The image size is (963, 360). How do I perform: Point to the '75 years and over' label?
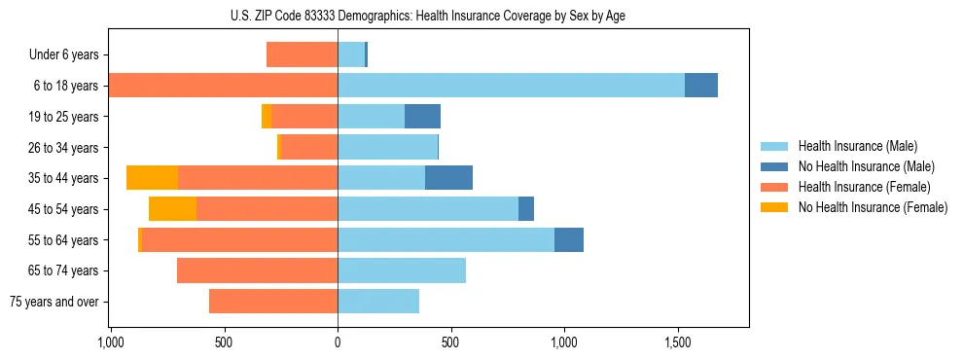click(x=54, y=302)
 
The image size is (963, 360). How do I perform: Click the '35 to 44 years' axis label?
click(x=64, y=178)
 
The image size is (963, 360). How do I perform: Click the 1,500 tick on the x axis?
click(x=677, y=342)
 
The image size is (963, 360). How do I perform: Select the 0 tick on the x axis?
click(x=338, y=342)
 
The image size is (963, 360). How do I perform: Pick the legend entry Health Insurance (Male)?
click(x=857, y=146)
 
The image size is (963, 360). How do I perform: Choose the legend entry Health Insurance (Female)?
click(x=864, y=187)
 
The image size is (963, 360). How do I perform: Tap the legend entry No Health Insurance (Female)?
click(x=873, y=207)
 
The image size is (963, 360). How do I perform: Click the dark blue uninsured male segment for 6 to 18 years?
click(x=700, y=86)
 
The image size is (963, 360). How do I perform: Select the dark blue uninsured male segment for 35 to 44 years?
click(x=448, y=178)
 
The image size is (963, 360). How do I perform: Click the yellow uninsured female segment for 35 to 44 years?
click(x=152, y=178)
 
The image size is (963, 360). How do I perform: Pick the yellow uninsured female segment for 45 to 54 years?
click(x=172, y=209)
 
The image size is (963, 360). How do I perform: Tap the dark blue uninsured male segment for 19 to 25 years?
click(x=422, y=117)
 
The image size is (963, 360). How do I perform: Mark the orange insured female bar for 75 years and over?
click(x=273, y=302)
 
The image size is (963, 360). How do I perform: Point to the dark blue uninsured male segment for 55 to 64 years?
click(x=568, y=239)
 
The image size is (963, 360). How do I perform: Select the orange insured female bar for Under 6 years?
click(x=302, y=55)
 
